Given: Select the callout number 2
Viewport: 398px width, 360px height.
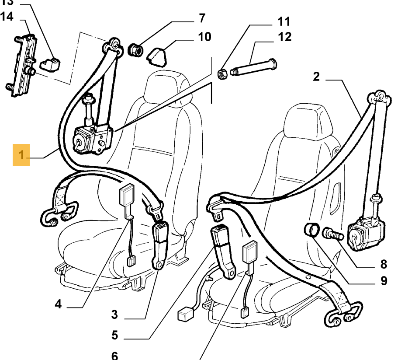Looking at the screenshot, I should (x=316, y=77).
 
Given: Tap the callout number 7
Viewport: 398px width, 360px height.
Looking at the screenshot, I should (x=202, y=18).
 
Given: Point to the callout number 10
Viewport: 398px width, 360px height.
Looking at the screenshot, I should (x=204, y=36).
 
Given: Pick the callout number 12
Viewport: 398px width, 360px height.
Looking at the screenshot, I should (x=284, y=37).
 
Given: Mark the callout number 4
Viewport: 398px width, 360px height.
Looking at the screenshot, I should (x=59, y=304).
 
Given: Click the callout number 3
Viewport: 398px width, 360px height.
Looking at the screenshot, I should (x=114, y=314).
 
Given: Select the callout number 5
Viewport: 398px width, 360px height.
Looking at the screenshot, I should (x=114, y=335).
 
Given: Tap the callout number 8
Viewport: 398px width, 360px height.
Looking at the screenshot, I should (x=384, y=264).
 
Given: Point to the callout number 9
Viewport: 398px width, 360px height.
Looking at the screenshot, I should (x=384, y=280).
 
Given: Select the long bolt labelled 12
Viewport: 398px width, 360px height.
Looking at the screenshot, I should (x=253, y=67).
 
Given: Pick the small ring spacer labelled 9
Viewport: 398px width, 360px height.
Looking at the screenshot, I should (x=311, y=229).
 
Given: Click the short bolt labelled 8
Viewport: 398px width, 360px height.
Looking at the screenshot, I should (x=332, y=234).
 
